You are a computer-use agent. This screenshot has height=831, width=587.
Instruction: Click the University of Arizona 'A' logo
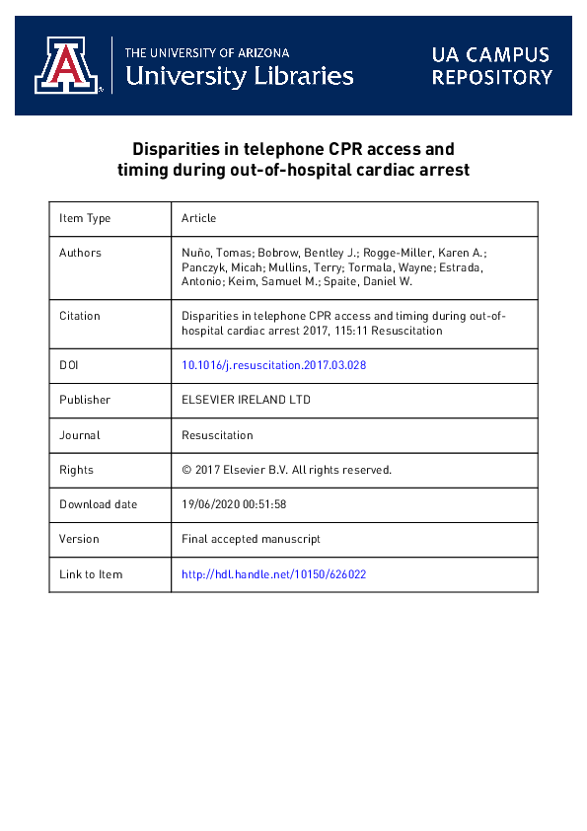coord(68,66)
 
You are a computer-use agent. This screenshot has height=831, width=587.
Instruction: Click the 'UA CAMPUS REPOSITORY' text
coord(491,65)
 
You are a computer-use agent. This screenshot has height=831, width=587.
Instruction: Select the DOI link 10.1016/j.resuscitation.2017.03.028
coord(274,365)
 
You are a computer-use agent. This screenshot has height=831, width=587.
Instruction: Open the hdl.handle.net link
coord(274,573)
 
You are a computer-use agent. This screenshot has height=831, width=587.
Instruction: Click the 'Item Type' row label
coord(85,218)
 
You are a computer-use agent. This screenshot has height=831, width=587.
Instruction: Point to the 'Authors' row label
coord(80,253)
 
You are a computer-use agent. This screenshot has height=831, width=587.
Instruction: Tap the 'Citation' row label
coord(80,316)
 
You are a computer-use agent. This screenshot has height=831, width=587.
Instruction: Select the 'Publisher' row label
coord(85,400)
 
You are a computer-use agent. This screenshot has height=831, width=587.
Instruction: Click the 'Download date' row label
coord(99,504)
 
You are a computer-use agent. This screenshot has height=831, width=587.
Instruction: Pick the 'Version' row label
coord(79,539)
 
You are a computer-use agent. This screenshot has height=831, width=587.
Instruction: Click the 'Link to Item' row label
coord(91,573)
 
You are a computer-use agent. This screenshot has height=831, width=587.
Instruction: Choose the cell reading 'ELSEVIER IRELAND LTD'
coord(245,400)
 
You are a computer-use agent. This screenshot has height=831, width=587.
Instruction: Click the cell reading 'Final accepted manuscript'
coord(251,539)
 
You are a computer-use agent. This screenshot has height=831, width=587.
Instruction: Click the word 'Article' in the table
coord(198,218)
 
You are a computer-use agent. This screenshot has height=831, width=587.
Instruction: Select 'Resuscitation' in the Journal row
coord(217,434)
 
